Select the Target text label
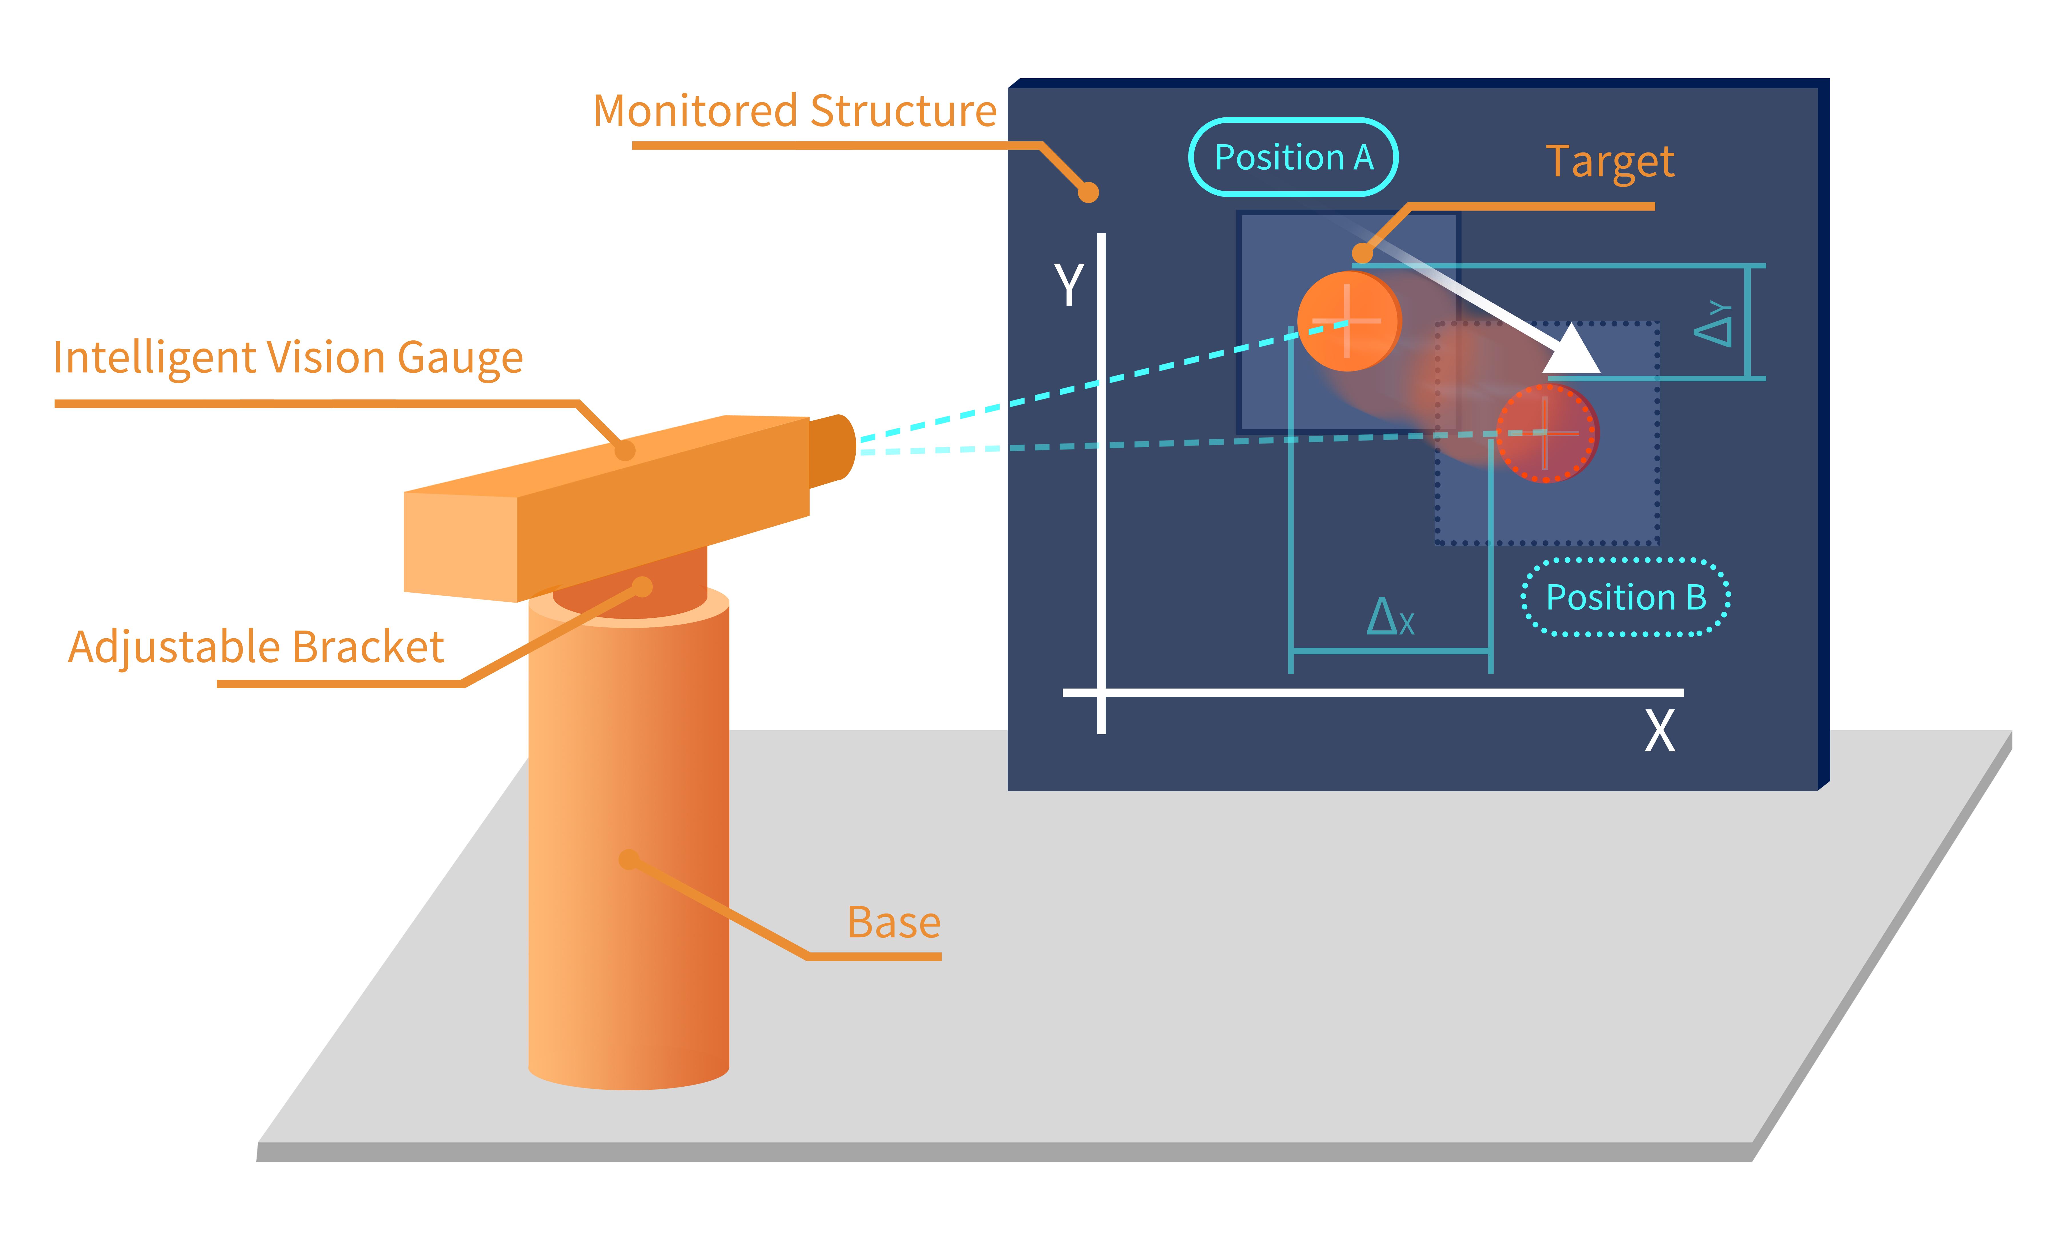click(x=1610, y=162)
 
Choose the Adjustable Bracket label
click(x=256, y=647)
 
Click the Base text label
click(x=894, y=923)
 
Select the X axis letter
click(x=1659, y=732)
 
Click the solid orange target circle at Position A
click(x=1348, y=321)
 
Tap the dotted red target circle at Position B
click(x=1547, y=434)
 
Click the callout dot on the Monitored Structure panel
click(x=1088, y=193)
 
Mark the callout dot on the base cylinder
click(x=629, y=859)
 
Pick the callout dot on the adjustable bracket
click(x=642, y=587)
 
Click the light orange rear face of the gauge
click(x=459, y=545)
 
